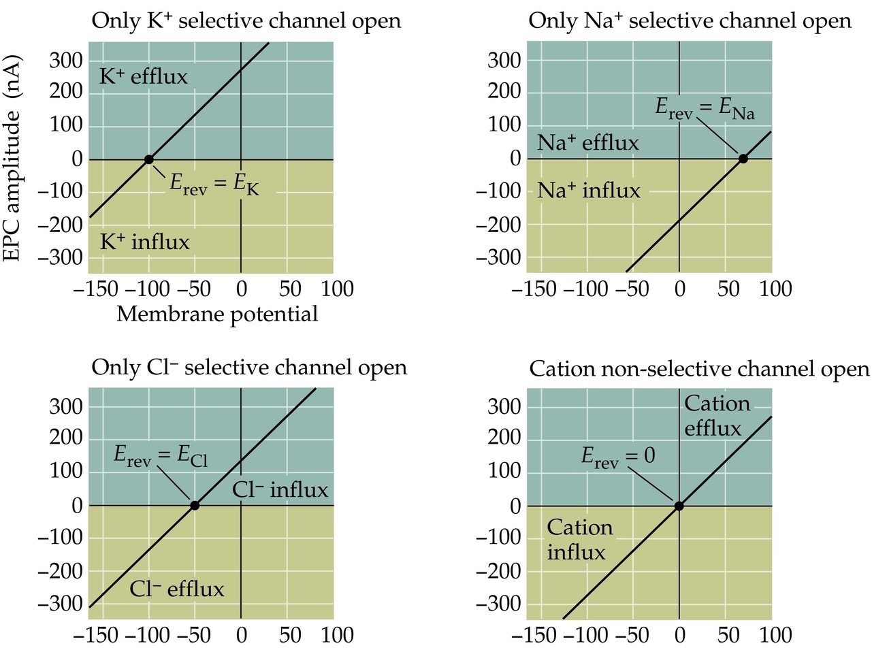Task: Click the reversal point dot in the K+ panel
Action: pyautogui.click(x=148, y=159)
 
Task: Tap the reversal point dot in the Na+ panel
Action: pyautogui.click(x=743, y=159)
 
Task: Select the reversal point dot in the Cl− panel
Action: pyautogui.click(x=195, y=505)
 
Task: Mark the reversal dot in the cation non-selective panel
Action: pyautogui.click(x=679, y=506)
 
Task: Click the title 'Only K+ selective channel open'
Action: pyautogui.click(x=246, y=21)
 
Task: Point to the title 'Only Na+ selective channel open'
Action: pyautogui.click(x=690, y=21)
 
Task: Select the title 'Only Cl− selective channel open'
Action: pyautogui.click(x=249, y=368)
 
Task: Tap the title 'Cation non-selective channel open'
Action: pyautogui.click(x=699, y=369)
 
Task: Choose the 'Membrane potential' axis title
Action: pyautogui.click(x=217, y=314)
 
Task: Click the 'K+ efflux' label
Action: pyautogui.click(x=143, y=76)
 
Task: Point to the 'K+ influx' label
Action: pyautogui.click(x=144, y=242)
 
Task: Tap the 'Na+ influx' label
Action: pyautogui.click(x=588, y=191)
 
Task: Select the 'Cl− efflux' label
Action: pyautogui.click(x=176, y=589)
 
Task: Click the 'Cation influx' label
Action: pyautogui.click(x=579, y=540)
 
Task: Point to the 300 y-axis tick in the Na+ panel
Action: pyautogui.click(x=504, y=60)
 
